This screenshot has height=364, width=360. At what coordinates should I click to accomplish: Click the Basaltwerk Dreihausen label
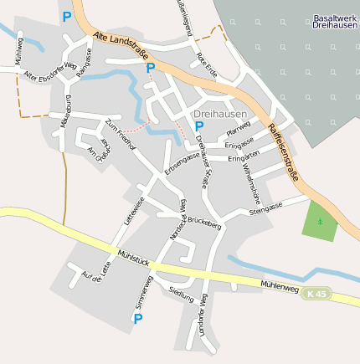(x=335, y=22)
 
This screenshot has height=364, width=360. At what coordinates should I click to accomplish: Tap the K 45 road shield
(x=316, y=293)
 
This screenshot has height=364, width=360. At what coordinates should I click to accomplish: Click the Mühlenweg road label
(x=280, y=285)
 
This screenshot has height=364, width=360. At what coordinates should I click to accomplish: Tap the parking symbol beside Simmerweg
(x=138, y=319)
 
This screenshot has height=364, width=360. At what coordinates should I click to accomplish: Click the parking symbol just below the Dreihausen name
(x=199, y=126)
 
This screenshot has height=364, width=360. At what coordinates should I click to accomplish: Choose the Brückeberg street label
(x=203, y=224)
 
